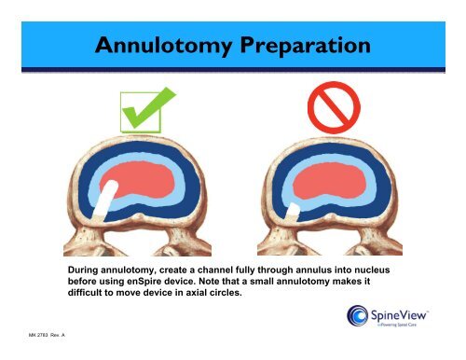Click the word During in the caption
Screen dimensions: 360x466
[x=87, y=269]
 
